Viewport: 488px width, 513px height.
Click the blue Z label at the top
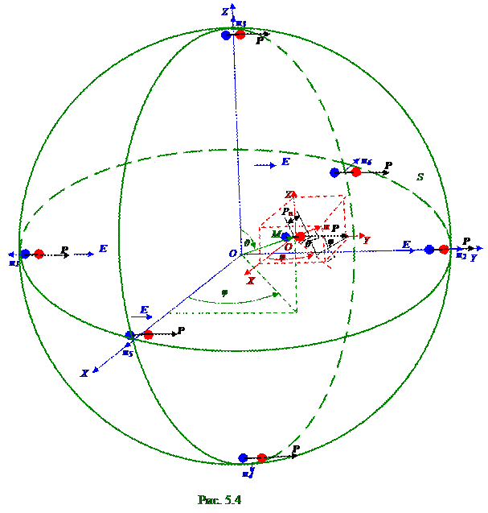(225, 10)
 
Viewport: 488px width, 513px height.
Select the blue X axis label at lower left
(84, 374)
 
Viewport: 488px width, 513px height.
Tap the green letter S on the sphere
(419, 176)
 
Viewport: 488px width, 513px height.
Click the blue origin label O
(232, 254)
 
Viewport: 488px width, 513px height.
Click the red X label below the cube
(251, 281)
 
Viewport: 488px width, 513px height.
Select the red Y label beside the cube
(367, 240)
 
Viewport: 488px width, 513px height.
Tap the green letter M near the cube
(276, 234)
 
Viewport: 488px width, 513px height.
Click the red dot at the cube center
(301, 237)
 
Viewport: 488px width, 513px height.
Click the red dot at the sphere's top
(240, 35)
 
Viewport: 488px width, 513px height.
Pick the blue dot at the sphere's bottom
(244, 458)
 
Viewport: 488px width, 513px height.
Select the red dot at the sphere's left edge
(39, 254)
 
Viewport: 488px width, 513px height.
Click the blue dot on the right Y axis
(429, 250)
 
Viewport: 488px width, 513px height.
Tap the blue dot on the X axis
(129, 335)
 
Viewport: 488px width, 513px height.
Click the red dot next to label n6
(356, 172)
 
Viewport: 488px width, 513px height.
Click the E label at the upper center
(285, 163)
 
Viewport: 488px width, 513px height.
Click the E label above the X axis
(144, 309)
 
